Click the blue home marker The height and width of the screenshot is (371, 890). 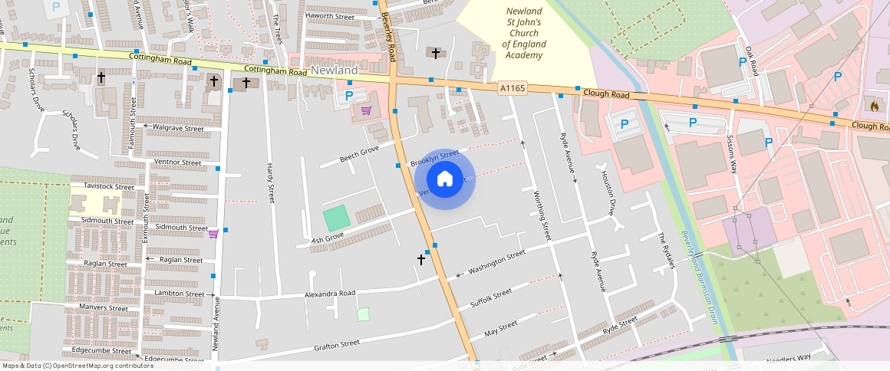click(x=445, y=179)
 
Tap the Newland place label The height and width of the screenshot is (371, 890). click(x=335, y=71)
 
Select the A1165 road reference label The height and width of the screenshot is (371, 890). click(x=513, y=89)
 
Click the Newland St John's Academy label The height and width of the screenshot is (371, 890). click(x=523, y=34)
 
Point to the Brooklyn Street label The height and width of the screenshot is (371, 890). click(x=433, y=159)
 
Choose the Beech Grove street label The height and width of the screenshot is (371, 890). click(x=360, y=155)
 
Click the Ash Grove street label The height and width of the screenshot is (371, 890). click(x=327, y=240)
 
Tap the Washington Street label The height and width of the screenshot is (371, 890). click(x=496, y=261)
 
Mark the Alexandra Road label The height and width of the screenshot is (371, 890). click(x=331, y=293)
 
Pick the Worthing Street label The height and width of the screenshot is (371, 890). click(x=541, y=215)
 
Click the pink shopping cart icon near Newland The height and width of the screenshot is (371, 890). click(x=367, y=111)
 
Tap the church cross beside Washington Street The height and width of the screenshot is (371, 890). click(x=420, y=260)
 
